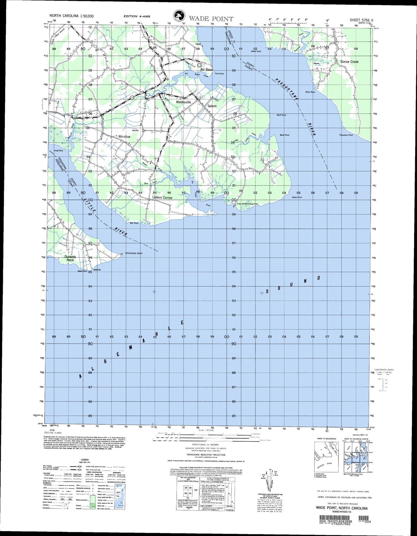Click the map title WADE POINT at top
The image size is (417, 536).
tap(211, 18)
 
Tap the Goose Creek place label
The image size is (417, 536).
tap(349, 62)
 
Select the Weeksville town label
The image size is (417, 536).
tap(184, 102)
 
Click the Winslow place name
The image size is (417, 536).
tap(124, 137)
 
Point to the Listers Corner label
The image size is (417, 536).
tap(162, 198)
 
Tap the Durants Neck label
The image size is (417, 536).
tap(70, 258)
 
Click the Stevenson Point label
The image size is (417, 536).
tap(134, 253)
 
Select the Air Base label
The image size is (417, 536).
tap(207, 70)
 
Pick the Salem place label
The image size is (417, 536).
tap(212, 106)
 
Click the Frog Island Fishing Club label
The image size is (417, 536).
tap(247, 204)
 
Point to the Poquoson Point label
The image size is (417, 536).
tap(346, 135)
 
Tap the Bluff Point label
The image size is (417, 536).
tap(281, 115)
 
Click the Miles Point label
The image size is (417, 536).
tap(310, 92)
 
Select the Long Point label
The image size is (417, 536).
tap(58, 151)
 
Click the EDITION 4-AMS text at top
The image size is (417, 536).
tap(136, 16)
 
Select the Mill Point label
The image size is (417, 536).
tap(134, 223)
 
